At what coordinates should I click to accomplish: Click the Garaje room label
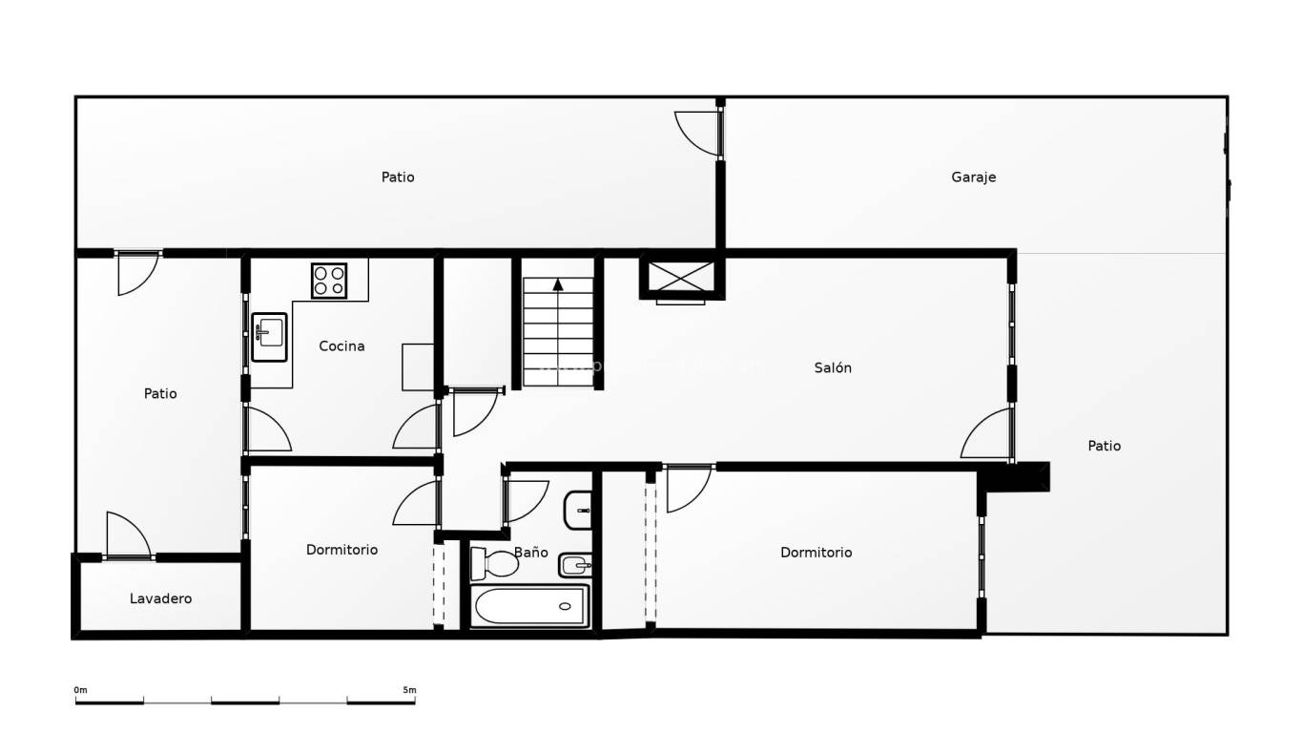973,178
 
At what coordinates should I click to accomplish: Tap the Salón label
833,367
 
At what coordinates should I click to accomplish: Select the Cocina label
341,346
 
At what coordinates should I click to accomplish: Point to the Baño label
530,552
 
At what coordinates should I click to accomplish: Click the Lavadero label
160,598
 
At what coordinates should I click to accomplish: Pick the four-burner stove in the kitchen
329,281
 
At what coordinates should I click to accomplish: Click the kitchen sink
269,337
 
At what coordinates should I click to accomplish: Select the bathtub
529,606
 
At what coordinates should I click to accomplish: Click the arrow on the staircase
558,283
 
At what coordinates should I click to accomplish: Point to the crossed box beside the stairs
680,278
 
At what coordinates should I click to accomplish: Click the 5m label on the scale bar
409,690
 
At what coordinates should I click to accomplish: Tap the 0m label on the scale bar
80,690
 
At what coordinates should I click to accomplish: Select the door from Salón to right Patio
987,435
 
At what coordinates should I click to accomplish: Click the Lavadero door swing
127,535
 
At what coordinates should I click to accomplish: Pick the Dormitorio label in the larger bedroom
816,553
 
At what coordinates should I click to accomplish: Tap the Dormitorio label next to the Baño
341,550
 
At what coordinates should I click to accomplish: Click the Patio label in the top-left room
398,178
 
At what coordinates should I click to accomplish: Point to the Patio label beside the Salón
1104,446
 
